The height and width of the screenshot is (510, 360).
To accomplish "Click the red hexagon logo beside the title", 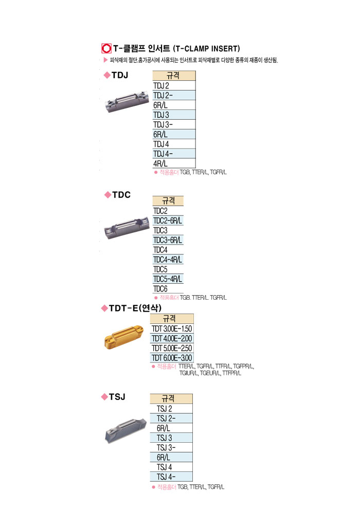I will tap(106, 49).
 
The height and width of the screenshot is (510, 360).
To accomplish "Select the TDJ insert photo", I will tap(126, 102).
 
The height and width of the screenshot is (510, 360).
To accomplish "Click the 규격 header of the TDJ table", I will tap(174, 76).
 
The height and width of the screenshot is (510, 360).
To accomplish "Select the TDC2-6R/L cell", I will tap(168, 221).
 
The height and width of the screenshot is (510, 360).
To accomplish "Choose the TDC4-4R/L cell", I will tap(168, 260).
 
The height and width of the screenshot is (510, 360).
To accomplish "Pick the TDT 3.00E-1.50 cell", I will tap(172, 329).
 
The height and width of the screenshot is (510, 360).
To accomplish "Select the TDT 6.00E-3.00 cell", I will tap(172, 358).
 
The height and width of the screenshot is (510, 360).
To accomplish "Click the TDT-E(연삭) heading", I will tap(132, 308).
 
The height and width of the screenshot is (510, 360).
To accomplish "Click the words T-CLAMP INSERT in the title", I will tap(207, 49).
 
